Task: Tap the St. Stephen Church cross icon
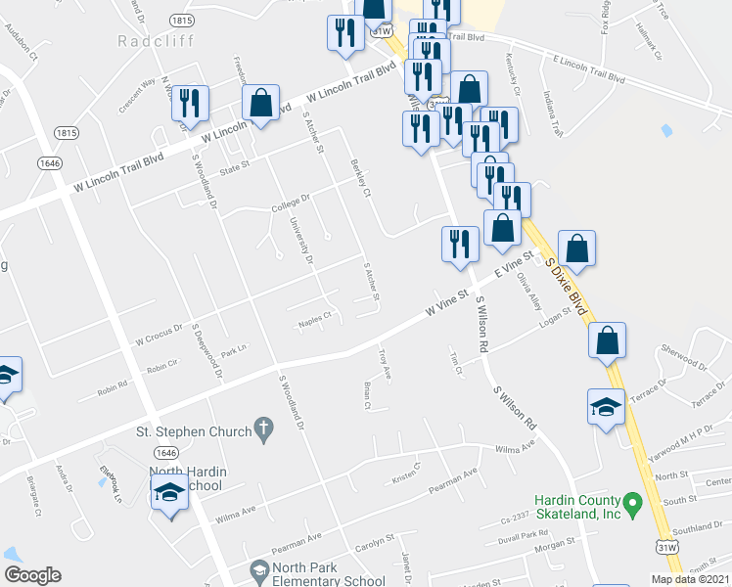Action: point(260,428)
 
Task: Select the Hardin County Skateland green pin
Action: point(632,506)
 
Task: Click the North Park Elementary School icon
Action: point(259,569)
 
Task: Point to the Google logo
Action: point(32,575)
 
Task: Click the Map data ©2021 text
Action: point(690,579)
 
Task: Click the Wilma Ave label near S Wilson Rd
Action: point(516,450)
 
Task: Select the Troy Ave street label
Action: point(385,366)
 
